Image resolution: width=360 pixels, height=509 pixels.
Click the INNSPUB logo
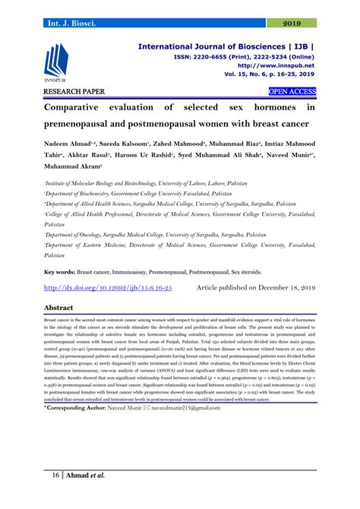click(x=58, y=65)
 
